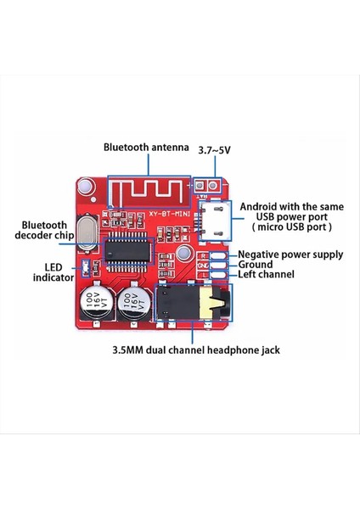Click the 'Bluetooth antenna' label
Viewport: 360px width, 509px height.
145,147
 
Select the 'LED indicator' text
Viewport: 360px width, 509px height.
47,271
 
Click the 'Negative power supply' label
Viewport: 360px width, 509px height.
290,254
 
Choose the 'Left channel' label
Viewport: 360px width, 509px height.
266,274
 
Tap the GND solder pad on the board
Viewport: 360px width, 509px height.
215,264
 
